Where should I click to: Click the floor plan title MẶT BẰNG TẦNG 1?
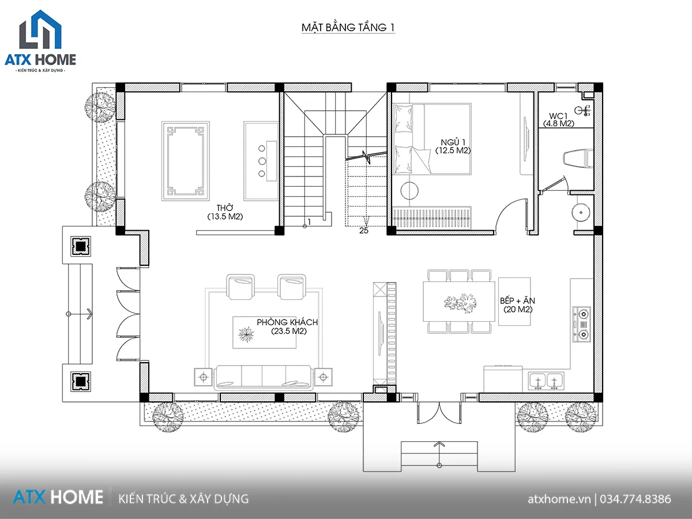[348, 28]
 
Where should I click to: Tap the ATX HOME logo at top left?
[40, 41]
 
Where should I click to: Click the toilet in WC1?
[578, 159]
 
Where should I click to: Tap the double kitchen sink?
[546, 381]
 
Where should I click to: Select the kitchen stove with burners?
[582, 324]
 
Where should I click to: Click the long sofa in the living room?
[263, 378]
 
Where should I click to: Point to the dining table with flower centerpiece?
[458, 302]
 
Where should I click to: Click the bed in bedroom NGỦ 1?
[432, 139]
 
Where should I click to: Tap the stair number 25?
[363, 231]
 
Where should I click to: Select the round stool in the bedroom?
[409, 191]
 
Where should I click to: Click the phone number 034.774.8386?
[635, 499]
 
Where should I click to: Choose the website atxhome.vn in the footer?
[559, 499]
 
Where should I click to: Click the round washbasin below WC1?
[581, 212]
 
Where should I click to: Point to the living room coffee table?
[265, 333]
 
